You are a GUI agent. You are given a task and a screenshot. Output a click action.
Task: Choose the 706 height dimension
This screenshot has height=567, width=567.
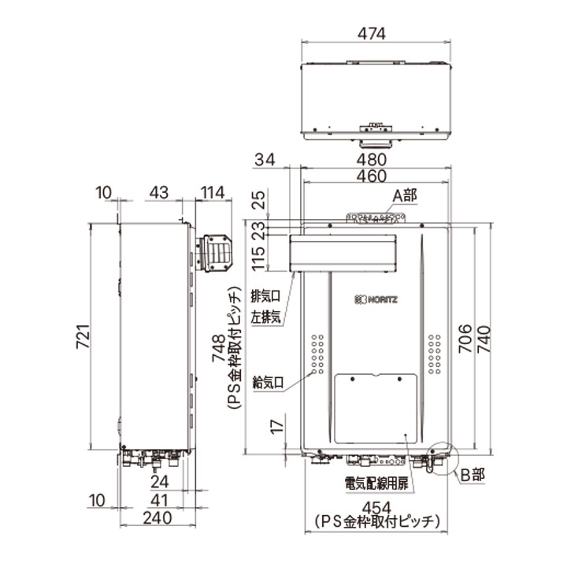(465, 337)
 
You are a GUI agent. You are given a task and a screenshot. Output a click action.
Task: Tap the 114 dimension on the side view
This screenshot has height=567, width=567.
(213, 192)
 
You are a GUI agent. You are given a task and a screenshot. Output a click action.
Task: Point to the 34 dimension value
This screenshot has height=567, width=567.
(265, 161)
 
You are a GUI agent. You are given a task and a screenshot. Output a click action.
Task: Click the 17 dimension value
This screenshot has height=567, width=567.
(274, 429)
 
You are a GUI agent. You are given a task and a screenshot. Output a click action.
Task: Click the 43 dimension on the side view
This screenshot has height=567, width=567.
(159, 192)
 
